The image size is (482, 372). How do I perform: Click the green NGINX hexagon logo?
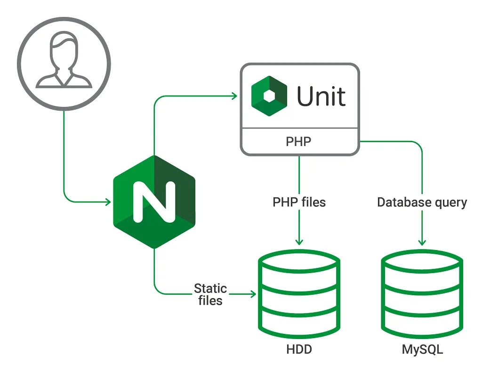tap(154, 202)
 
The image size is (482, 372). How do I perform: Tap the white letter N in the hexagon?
tap(154, 202)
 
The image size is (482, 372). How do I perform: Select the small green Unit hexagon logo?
tap(269, 97)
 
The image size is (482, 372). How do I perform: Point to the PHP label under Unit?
tap(299, 141)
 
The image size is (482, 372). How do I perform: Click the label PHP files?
tap(299, 202)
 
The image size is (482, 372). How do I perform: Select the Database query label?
tap(422, 202)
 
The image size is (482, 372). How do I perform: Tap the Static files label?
tap(210, 294)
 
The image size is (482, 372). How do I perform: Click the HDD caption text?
tap(299, 350)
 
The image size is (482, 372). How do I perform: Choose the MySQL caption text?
tap(422, 350)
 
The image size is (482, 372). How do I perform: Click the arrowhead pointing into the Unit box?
tap(233, 96)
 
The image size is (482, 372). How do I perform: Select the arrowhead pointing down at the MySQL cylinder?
tap(422, 241)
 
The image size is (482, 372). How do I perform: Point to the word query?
tap(450, 203)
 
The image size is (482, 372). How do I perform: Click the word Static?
tap(210, 288)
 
